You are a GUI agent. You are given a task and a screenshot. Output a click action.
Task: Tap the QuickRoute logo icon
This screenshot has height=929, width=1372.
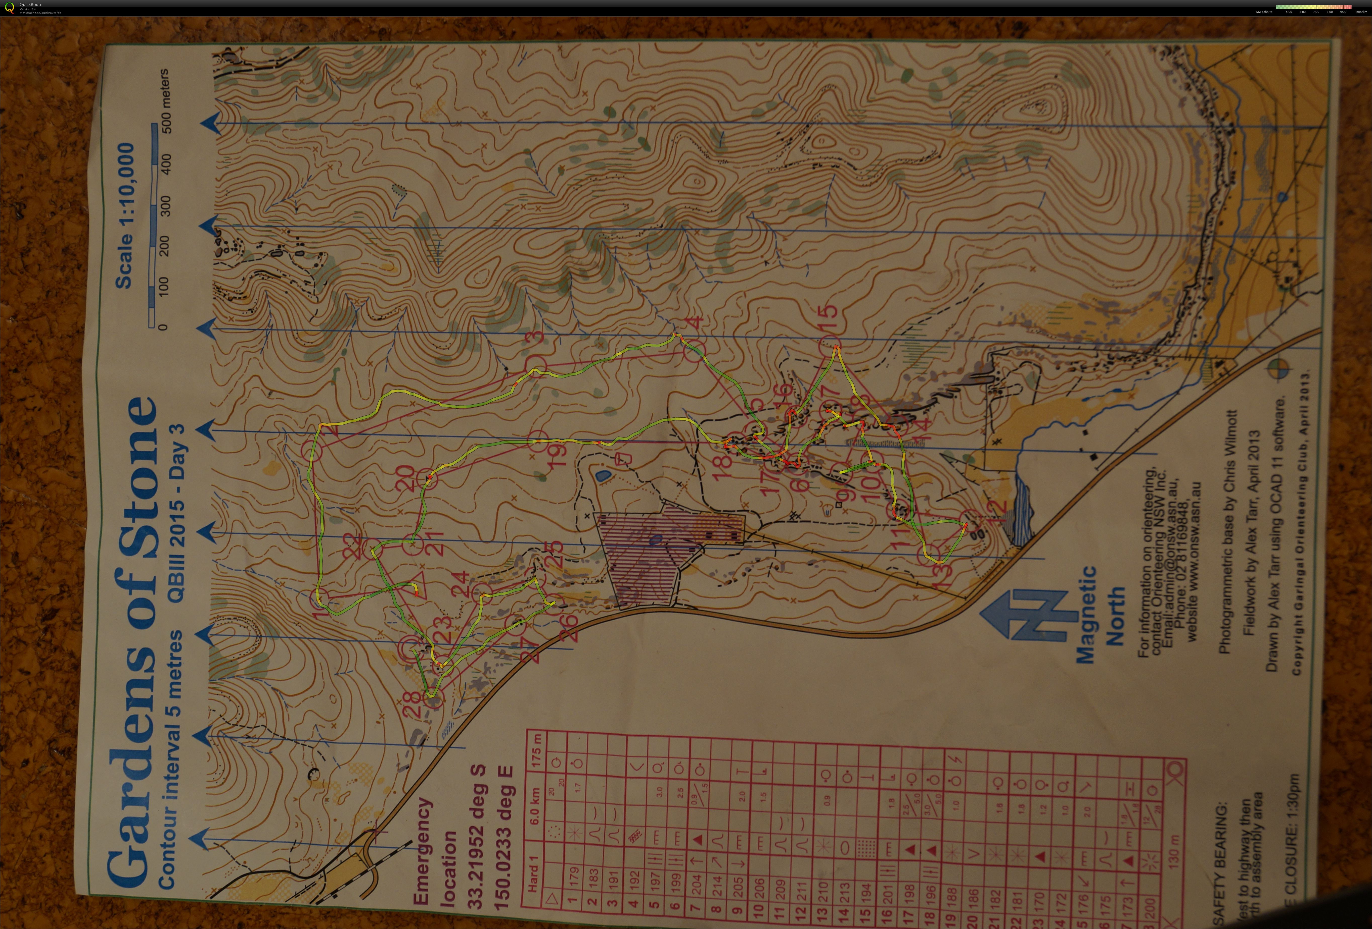pos(9,8)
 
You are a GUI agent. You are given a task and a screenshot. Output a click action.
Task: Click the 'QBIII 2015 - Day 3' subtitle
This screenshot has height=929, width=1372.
pos(176,513)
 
